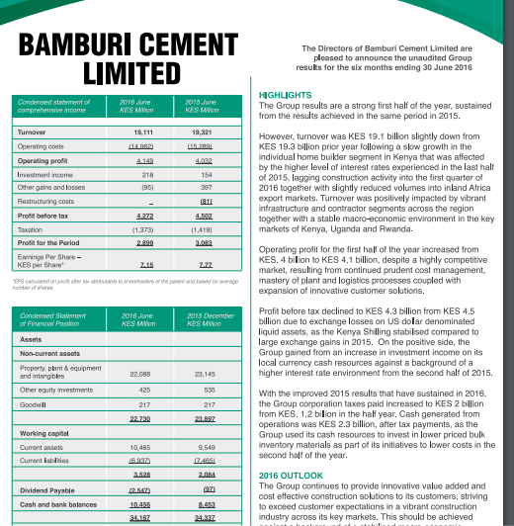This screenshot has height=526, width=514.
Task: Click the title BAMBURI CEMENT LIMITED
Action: click(128, 60)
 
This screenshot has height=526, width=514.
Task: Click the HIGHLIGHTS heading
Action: click(285, 95)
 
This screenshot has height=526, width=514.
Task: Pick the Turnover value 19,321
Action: click(200, 131)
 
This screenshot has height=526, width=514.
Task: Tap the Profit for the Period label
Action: click(48, 242)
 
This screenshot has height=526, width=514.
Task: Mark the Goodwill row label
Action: click(33, 405)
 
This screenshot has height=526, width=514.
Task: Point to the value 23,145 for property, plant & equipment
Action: click(201, 373)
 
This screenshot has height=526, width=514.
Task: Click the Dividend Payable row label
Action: click(46, 489)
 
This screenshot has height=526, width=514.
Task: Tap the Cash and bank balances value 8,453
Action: click(203, 503)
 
